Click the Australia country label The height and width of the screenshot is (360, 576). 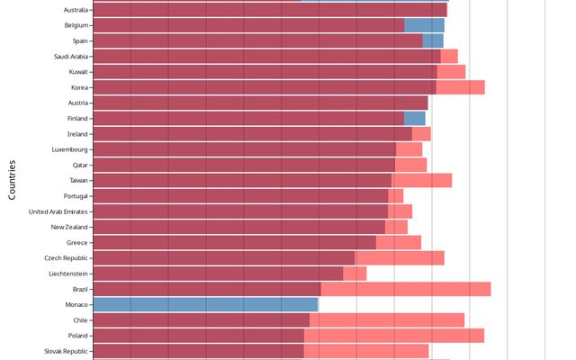(76, 10)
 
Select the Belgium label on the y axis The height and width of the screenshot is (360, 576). (76, 25)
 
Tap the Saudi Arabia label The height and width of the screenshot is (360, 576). (71, 56)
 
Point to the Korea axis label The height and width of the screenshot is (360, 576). (79, 87)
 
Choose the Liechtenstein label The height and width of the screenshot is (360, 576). (68, 273)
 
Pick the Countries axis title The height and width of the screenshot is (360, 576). (13, 179)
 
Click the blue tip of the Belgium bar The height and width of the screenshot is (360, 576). (424, 25)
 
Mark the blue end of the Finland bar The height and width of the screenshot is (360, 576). (414, 118)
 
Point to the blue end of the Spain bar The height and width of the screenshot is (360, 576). (433, 40)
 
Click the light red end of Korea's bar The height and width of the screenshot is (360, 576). (461, 87)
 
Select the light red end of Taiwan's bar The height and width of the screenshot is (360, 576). (421, 180)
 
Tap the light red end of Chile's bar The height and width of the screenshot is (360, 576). (387, 320)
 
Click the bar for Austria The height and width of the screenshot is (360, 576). (260, 103)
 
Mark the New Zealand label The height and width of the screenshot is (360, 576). (69, 227)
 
